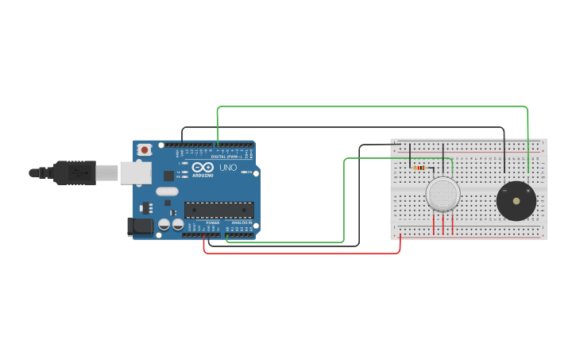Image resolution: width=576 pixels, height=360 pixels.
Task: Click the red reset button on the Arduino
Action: click(144, 149)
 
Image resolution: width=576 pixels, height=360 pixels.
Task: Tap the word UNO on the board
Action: click(228, 168)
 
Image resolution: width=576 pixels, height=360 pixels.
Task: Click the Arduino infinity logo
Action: click(202, 167)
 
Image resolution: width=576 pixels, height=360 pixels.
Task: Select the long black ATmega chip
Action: click(219, 210)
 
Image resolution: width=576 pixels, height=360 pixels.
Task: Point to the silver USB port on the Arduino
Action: click(136, 172)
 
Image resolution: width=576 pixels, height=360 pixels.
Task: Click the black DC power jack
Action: click(141, 226)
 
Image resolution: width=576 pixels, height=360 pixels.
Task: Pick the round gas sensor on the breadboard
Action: click(443, 194)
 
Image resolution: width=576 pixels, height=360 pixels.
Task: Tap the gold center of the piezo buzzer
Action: click(516, 201)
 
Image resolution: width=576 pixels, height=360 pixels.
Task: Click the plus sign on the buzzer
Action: click(528, 191)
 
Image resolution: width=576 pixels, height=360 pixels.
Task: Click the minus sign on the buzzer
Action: click(504, 191)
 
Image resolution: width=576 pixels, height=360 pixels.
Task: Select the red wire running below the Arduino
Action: click(302, 253)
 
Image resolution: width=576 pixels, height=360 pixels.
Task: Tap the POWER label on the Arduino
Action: click(213, 223)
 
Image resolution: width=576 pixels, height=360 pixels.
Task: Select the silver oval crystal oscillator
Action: click(167, 191)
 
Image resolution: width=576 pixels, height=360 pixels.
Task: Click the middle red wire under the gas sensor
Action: click(443, 224)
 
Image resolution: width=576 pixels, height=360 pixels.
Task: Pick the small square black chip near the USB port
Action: click(168, 176)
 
